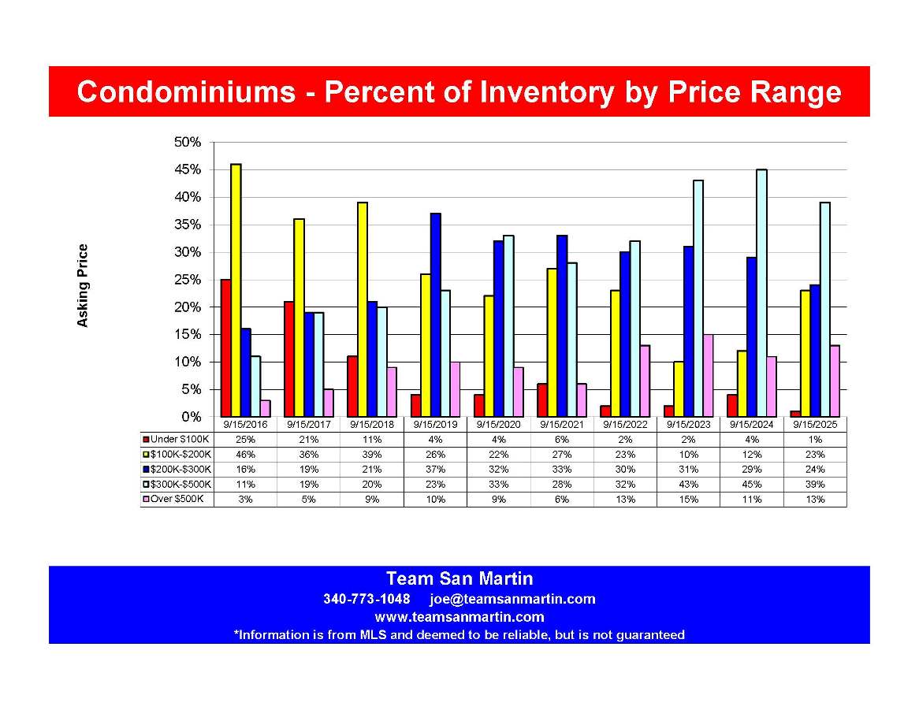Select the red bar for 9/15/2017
click(288, 359)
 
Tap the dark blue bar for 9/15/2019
click(436, 314)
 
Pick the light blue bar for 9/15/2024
click(762, 292)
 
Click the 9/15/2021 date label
click(561, 423)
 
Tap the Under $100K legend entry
click(178, 439)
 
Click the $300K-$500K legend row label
click(180, 484)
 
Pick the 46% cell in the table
click(246, 454)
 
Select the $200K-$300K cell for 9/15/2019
click(435, 469)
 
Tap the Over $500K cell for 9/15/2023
click(688, 499)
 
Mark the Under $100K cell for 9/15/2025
click(815, 439)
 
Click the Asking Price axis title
click(82, 285)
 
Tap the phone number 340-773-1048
click(366, 599)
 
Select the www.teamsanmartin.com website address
click(459, 617)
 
